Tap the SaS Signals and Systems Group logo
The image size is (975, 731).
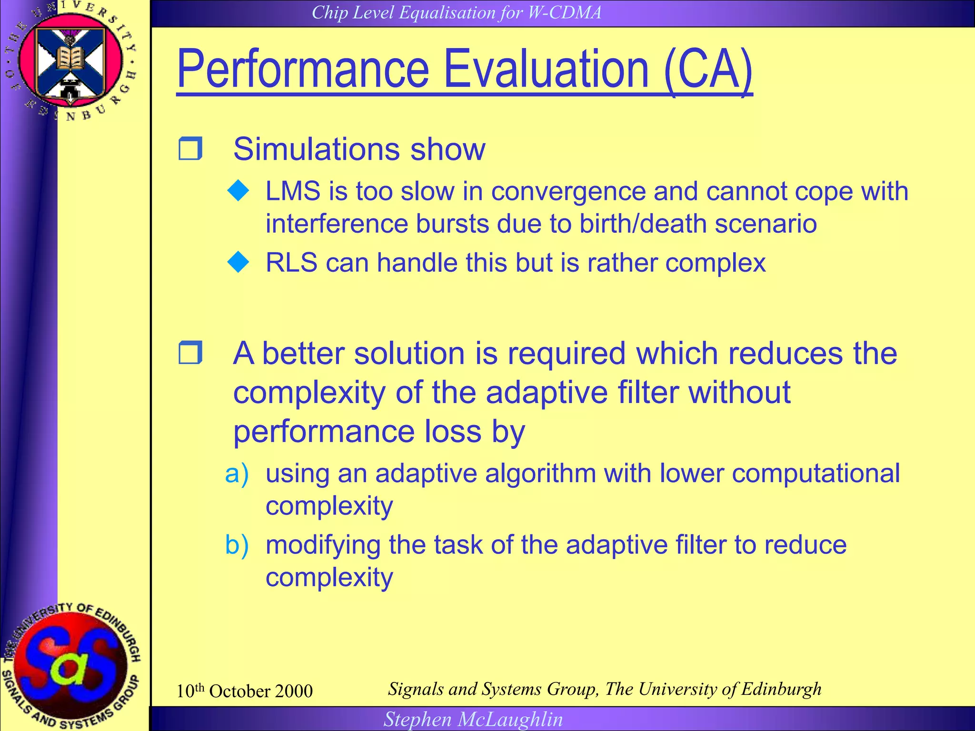pyautogui.click(x=71, y=666)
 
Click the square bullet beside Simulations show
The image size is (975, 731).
pyautogui.click(x=190, y=148)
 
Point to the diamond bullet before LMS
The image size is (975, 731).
pyautogui.click(x=239, y=191)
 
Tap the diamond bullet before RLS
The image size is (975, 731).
pyautogui.click(x=239, y=263)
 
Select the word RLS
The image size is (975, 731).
pyautogui.click(x=291, y=263)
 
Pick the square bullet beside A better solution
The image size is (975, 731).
pyautogui.click(x=190, y=353)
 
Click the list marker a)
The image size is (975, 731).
pyautogui.click(x=237, y=474)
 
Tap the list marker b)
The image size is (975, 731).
pyautogui.click(x=237, y=545)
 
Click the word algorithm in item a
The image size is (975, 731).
pyautogui.click(x=540, y=474)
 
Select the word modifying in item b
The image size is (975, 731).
pyautogui.click(x=323, y=545)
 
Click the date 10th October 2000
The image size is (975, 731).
pyautogui.click(x=245, y=691)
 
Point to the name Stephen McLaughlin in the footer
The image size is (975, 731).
pyautogui.click(x=473, y=719)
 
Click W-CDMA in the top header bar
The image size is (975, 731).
pyautogui.click(x=565, y=12)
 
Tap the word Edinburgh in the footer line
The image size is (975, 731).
pyautogui.click(x=781, y=689)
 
